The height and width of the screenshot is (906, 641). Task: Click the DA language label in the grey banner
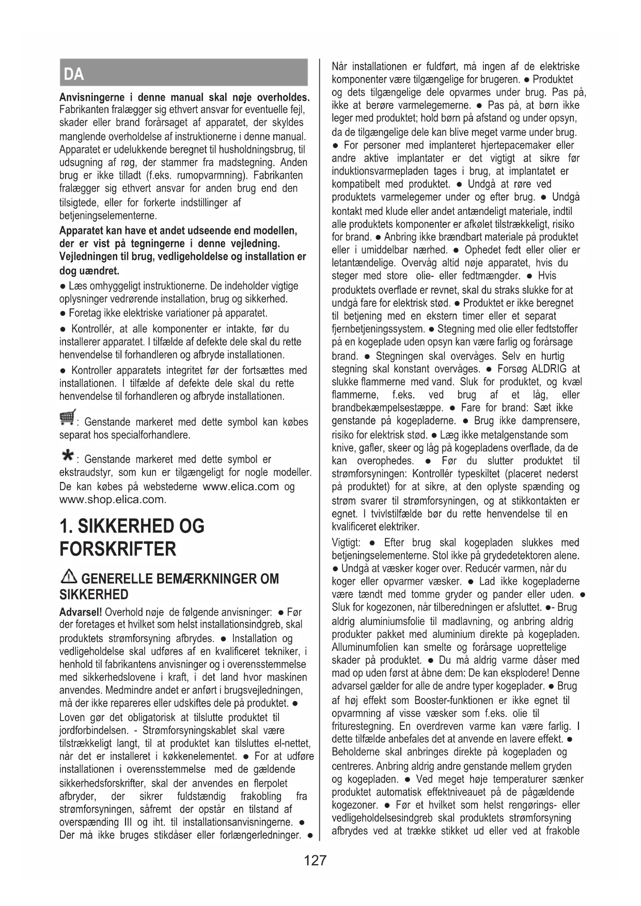(x=74, y=74)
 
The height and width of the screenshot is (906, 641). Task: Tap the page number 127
(x=315, y=860)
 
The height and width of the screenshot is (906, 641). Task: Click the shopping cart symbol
(x=67, y=416)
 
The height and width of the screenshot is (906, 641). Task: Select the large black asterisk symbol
(x=67, y=455)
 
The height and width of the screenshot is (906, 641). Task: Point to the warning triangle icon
(x=68, y=577)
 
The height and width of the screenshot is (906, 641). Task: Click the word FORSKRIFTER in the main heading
(x=118, y=549)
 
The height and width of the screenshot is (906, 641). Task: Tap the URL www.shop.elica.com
(x=113, y=499)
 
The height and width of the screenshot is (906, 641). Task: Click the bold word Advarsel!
(x=81, y=613)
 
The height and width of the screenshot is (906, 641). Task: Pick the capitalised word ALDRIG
(x=549, y=369)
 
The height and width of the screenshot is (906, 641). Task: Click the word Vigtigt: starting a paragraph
(x=346, y=542)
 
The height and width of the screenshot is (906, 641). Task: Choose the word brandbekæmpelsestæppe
(x=387, y=408)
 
